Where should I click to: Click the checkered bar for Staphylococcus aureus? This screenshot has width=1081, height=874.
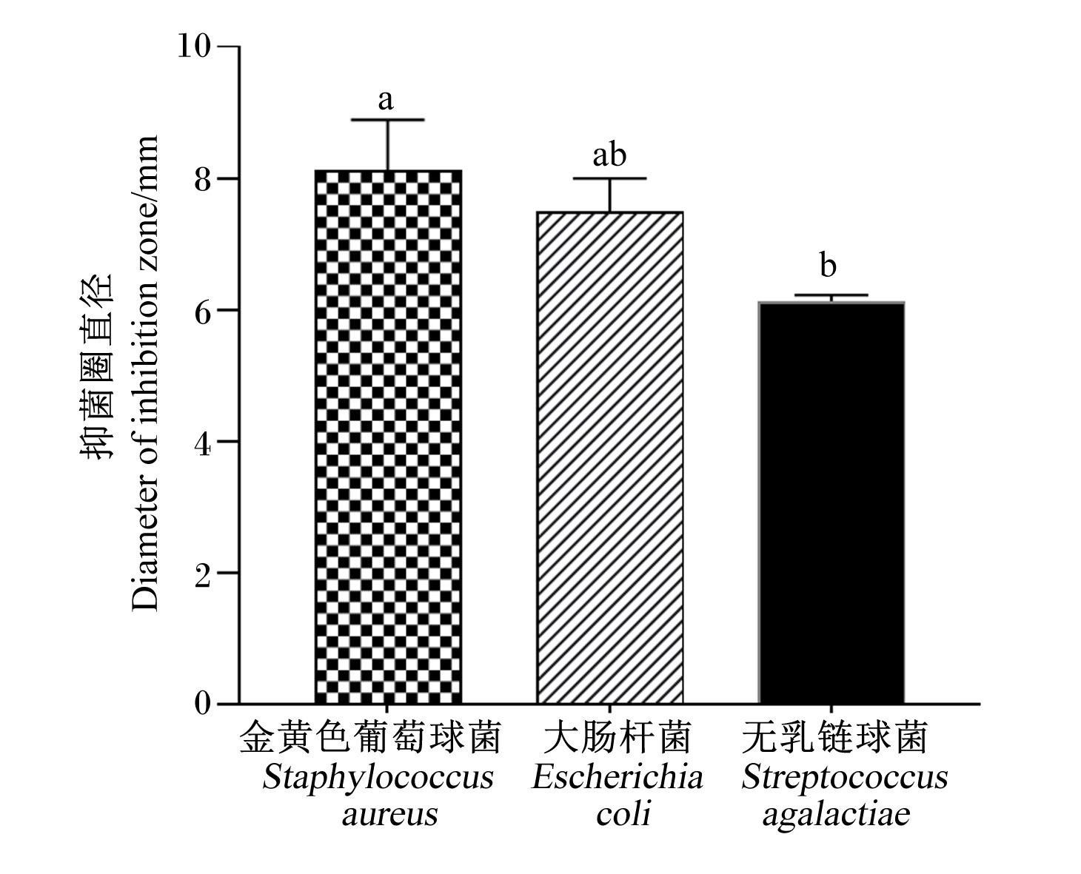pos(388,437)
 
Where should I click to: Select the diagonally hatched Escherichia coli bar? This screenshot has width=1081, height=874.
pos(609,457)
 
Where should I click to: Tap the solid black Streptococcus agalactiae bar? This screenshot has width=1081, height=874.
pos(831,502)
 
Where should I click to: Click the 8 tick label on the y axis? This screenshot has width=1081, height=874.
pos(202,178)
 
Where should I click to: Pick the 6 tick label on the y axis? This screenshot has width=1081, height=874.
pos(202,310)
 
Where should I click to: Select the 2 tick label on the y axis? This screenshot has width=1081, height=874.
pos(202,574)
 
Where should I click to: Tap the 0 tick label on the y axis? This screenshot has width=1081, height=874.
pos(202,704)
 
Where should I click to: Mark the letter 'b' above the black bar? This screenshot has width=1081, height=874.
pos(829,264)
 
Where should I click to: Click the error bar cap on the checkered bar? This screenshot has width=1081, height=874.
pos(388,120)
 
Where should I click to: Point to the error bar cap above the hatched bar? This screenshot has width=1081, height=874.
pos(609,178)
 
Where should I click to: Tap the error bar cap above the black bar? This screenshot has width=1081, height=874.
pos(831,295)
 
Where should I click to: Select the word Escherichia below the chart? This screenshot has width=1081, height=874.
pos(618,778)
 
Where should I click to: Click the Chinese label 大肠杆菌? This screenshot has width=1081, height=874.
pos(617,738)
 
